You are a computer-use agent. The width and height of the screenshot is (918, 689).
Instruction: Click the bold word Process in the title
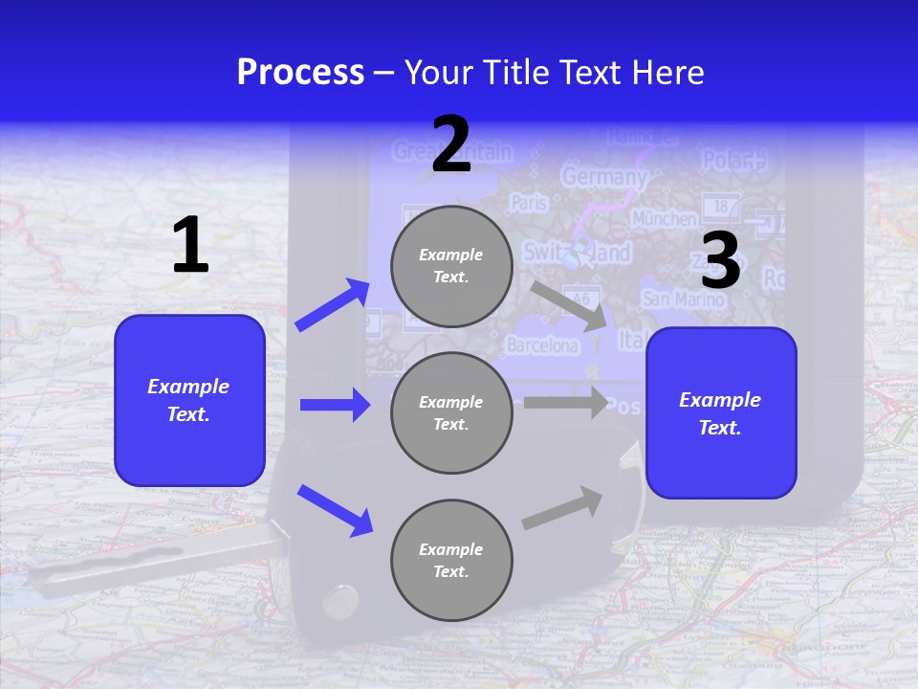[x=300, y=73]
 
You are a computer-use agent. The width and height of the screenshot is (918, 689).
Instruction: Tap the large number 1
[x=190, y=245]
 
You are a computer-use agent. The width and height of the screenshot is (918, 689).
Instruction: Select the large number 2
[x=451, y=144]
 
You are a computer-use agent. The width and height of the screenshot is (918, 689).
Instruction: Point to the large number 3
[x=721, y=260]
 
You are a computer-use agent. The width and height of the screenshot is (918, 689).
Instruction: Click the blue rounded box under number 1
[x=189, y=400]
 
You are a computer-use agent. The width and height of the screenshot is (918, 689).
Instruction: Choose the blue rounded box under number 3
[x=721, y=413]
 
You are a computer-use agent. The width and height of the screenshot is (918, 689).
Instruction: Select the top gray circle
[x=451, y=266]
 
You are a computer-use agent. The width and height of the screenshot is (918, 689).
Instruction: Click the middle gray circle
[x=451, y=412]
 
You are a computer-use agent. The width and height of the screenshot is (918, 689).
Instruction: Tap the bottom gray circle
[x=451, y=560]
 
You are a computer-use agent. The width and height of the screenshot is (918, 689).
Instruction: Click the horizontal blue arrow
[x=335, y=405]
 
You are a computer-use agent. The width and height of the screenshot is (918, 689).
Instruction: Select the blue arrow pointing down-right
[x=335, y=509]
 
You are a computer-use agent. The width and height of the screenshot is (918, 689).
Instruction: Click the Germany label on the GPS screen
[x=603, y=177]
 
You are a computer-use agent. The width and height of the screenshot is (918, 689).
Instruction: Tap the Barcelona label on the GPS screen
[x=542, y=344]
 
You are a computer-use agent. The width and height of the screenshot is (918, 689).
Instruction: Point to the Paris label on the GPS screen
[x=529, y=203]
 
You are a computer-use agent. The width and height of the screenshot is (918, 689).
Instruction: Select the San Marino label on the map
[x=683, y=299]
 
